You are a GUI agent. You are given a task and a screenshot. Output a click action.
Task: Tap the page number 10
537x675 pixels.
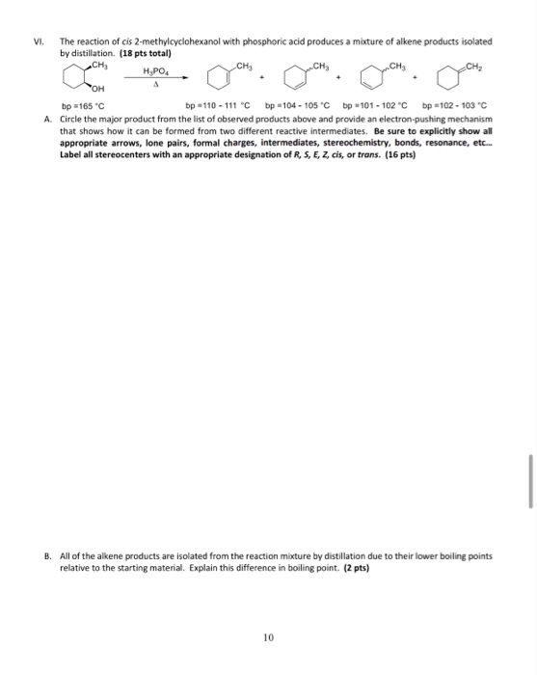click(x=269, y=636)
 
